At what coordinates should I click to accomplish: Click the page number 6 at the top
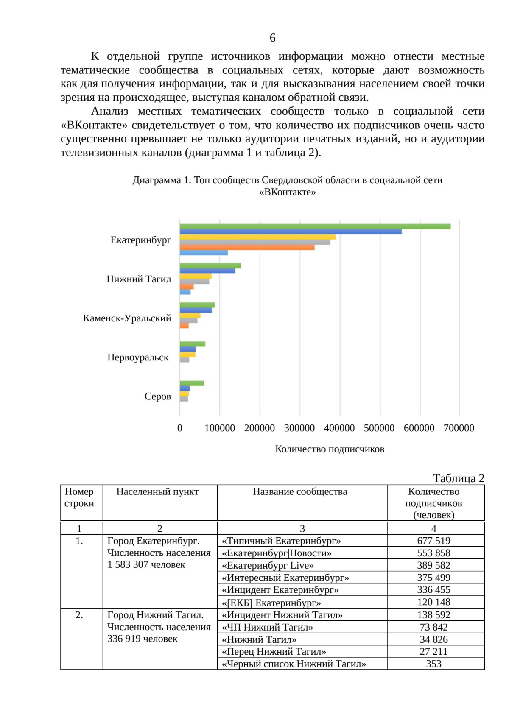[272, 38]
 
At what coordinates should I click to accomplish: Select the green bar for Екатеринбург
[315, 226]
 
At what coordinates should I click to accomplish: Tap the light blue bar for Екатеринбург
[204, 253]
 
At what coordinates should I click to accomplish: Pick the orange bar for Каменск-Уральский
[184, 326]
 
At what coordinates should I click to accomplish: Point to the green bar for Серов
[192, 383]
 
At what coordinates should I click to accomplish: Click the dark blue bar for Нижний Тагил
[207, 271]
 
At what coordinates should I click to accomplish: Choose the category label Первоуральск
[138, 357]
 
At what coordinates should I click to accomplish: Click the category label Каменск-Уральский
[127, 318]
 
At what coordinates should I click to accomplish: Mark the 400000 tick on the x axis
[339, 428]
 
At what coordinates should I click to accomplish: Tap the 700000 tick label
[459, 428]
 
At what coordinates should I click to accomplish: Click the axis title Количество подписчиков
[330, 449]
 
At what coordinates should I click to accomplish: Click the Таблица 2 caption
[459, 478]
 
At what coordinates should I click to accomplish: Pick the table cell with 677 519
[433, 541]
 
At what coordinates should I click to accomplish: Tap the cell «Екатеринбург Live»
[268, 565]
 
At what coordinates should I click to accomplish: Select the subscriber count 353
[433, 664]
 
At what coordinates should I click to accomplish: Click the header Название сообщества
[300, 492]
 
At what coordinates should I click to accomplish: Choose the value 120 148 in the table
[433, 602]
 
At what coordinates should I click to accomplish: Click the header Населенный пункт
[157, 492]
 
